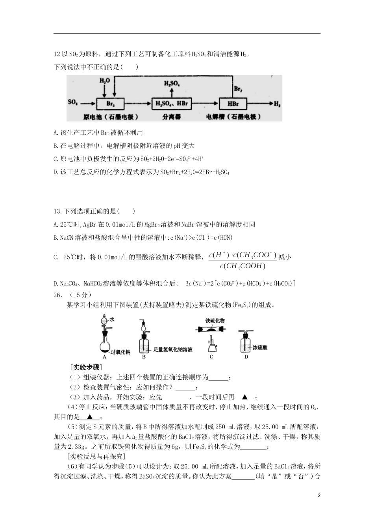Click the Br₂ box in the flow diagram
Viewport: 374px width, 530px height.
coord(110,103)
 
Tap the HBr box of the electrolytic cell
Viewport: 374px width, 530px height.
coord(233,103)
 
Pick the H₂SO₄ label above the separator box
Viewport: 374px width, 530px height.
coord(172,84)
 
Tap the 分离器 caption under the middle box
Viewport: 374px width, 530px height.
coord(171,117)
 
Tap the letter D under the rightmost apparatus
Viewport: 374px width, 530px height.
coord(246,356)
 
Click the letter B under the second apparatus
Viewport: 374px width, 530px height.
coord(144,356)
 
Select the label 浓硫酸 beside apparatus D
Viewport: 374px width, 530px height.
coord(260,347)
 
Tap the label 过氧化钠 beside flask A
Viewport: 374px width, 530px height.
coord(121,352)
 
